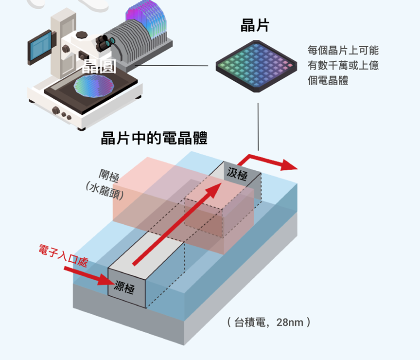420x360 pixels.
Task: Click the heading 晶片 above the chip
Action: tap(255, 25)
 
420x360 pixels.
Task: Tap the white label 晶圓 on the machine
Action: tap(99, 67)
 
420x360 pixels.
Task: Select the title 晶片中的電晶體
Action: tap(154, 138)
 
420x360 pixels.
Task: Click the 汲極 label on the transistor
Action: tap(237, 174)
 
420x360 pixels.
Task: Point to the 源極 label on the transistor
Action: tap(124, 288)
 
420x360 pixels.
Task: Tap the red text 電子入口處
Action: tap(63, 255)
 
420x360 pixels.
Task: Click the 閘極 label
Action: tap(109, 175)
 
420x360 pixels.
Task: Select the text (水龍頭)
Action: tap(105, 191)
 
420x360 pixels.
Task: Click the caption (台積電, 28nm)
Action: tap(269, 322)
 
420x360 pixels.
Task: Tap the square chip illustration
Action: tap(256, 66)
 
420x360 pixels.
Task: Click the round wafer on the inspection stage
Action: tap(94, 86)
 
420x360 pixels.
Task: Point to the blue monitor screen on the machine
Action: tap(40, 47)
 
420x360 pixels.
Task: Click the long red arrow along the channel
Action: tap(177, 224)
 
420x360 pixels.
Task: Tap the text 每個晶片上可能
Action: tap(343, 50)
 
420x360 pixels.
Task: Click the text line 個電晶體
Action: tap(328, 80)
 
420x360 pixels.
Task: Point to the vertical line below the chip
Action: tap(258, 126)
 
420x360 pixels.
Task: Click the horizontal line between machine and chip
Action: tap(172, 65)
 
